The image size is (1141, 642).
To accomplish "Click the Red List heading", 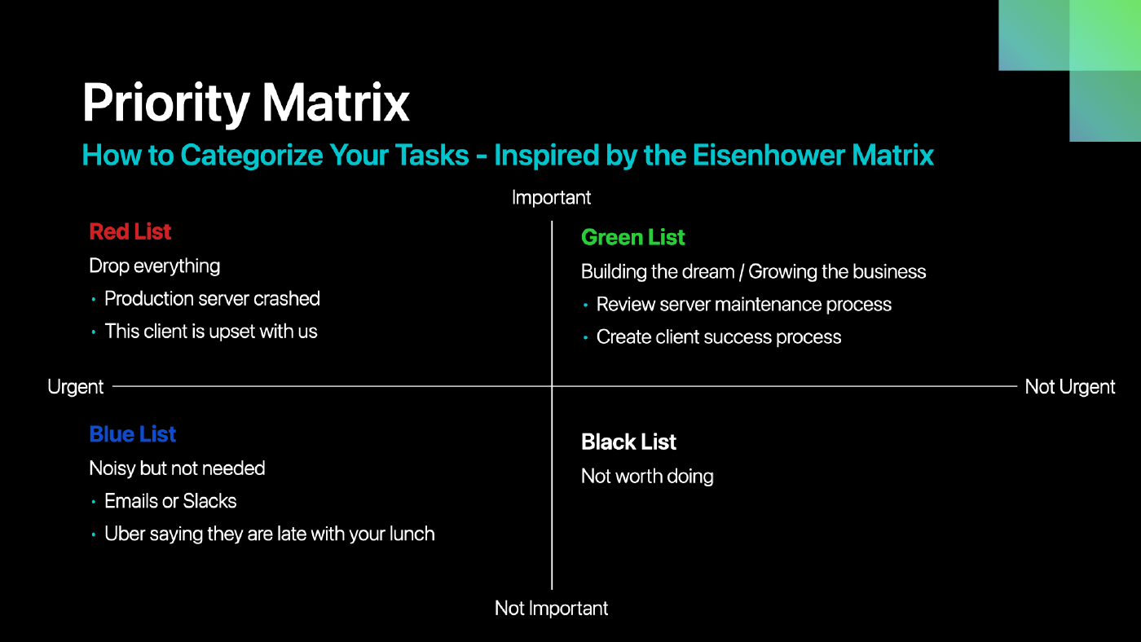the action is coord(130,231).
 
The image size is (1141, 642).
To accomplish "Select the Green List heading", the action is coord(632,237).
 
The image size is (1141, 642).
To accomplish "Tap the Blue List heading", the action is coord(132,434).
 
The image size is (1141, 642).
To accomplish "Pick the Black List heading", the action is coord(628,442).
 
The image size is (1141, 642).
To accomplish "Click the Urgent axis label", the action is coord(75,387).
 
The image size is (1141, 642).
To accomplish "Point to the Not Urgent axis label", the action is coord(1069,387).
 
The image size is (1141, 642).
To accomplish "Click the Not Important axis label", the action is coord(551,609).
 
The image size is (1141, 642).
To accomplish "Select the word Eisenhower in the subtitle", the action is coord(768,156).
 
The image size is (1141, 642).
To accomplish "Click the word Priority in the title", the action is coord(166,103).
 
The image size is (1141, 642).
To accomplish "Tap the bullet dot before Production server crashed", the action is coord(93,300).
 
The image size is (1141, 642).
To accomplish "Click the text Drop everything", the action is coord(154,266).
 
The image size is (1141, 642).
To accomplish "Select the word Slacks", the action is coord(209,502).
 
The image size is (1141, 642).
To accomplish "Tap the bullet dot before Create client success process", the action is coord(585,337).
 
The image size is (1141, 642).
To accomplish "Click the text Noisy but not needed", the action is coord(177,468).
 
